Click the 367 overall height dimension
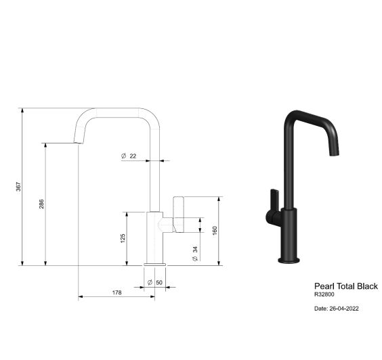pyautogui.click(x=18, y=187)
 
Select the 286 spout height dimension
pyautogui.click(x=41, y=204)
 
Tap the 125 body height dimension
pyautogui.click(x=123, y=238)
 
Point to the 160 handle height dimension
pyautogui.click(x=215, y=231)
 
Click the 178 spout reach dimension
pyautogui.click(x=117, y=292)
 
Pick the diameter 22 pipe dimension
pyautogui.click(x=129, y=156)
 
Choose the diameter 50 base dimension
pyautogui.click(x=155, y=282)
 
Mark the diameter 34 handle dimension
pyautogui.click(x=195, y=254)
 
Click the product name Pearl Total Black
pyautogui.click(x=346, y=286)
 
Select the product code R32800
pyautogui.click(x=324, y=294)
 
